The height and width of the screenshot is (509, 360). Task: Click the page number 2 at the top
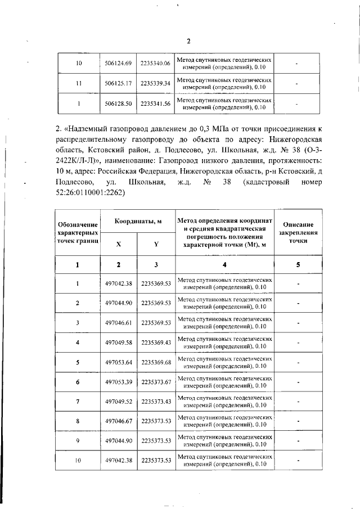(x=189, y=40)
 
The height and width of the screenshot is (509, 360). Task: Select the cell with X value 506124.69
(x=118, y=64)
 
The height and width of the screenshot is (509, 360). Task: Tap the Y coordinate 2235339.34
(x=155, y=84)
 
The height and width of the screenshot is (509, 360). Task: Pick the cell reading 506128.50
(x=118, y=103)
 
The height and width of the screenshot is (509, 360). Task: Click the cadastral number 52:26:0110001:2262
(x=91, y=192)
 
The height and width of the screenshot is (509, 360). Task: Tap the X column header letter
(x=118, y=244)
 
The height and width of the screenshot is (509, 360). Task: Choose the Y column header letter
(x=155, y=244)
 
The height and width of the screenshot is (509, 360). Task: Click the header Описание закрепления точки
(x=298, y=232)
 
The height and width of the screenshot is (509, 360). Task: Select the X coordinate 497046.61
(x=118, y=323)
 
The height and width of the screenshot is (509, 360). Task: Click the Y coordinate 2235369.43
(x=155, y=343)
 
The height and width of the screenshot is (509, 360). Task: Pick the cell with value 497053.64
(x=118, y=362)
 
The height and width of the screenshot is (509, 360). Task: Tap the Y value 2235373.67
(x=155, y=382)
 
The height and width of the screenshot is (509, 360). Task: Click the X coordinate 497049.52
(x=118, y=402)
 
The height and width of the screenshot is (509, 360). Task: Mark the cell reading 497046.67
(x=118, y=421)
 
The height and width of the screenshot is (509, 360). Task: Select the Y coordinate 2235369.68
(x=155, y=362)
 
